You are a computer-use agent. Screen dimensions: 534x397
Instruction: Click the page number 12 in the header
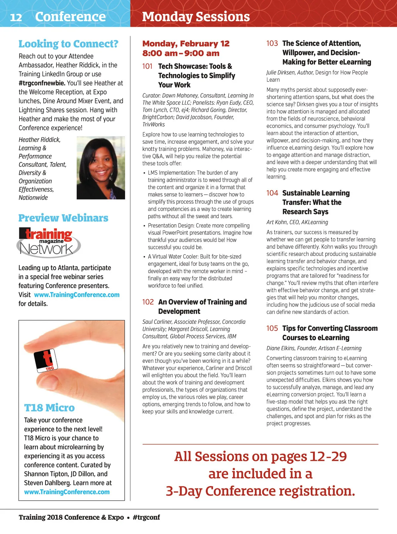(16, 17)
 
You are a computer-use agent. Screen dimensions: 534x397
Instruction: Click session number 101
(147, 66)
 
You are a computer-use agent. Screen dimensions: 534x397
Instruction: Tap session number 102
(148, 302)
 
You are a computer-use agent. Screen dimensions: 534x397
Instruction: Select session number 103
(272, 43)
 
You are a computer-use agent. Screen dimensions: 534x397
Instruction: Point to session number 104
(272, 193)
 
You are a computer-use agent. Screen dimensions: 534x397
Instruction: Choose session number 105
(272, 328)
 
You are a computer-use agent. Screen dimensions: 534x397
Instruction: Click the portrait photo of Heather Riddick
(101, 168)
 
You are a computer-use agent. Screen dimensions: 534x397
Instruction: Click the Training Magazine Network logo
(48, 243)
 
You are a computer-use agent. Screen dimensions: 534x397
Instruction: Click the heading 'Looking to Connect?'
(68, 44)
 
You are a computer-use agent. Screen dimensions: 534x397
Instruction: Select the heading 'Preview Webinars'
(63, 218)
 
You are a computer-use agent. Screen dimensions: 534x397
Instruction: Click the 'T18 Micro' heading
(49, 408)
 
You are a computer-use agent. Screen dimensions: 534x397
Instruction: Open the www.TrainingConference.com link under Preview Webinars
(77, 295)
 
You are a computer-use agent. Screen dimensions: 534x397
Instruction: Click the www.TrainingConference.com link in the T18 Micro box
(67, 492)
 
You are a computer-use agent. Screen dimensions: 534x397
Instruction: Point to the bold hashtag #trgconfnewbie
(42, 83)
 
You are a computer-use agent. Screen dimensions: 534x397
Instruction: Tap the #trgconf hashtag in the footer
(146, 517)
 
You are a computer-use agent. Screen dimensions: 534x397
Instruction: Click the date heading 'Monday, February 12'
(186, 44)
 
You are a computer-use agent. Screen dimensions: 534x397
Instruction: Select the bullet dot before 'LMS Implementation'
(144, 173)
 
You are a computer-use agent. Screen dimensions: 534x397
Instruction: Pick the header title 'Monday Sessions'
(196, 17)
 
